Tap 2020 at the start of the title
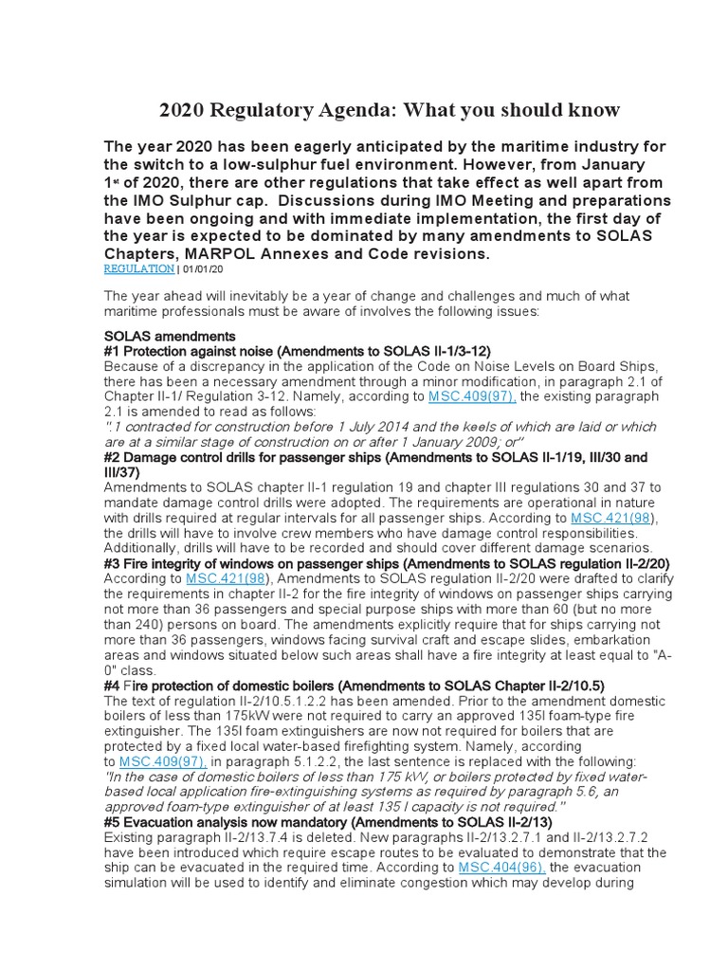(x=181, y=110)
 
